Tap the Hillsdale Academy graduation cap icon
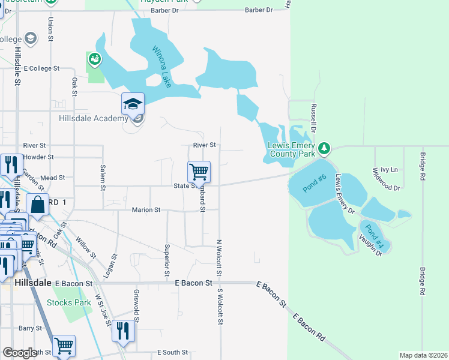(133, 105)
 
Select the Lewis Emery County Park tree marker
(324, 147)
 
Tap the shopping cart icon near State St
(199, 172)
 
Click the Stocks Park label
(69, 302)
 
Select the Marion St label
(146, 210)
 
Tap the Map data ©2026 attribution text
(423, 355)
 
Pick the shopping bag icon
(37, 205)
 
